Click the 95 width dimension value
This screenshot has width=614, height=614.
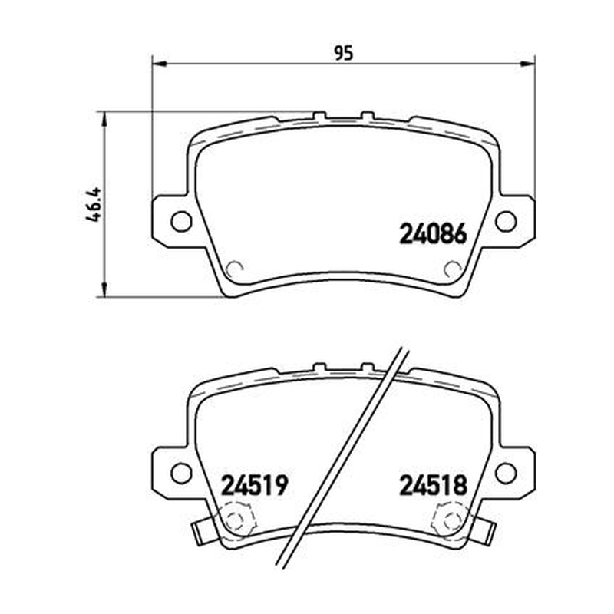click(344, 53)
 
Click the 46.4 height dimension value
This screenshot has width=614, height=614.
click(94, 205)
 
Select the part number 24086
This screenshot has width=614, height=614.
click(433, 234)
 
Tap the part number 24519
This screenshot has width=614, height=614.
click(255, 486)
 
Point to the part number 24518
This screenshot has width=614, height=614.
click(433, 486)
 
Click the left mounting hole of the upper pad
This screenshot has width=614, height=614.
click(181, 222)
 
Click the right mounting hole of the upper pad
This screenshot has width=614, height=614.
click(506, 222)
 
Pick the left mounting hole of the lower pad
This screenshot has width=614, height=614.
click(181, 473)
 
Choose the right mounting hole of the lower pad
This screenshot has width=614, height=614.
click(506, 473)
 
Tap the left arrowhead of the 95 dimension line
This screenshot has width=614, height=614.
click(159, 64)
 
